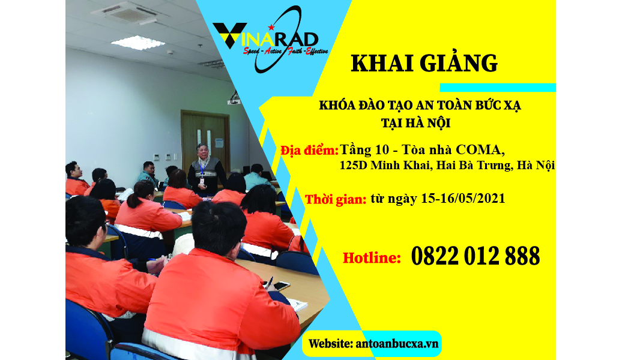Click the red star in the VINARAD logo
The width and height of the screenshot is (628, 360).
pyautogui.click(x=271, y=27)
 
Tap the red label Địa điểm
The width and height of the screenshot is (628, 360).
pyautogui.click(x=309, y=151)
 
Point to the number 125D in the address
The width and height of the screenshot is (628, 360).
pyautogui.click(x=353, y=165)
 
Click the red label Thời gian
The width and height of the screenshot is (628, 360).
pyautogui.click(x=336, y=199)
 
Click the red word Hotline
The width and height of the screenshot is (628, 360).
pyautogui.click(x=372, y=257)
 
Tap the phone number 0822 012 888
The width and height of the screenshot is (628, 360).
pyautogui.click(x=476, y=256)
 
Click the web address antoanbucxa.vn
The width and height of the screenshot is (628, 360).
pyautogui.click(x=397, y=344)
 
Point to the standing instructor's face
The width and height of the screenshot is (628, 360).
pyautogui.click(x=203, y=151)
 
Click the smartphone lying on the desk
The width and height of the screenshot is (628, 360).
pyautogui.click(x=280, y=286)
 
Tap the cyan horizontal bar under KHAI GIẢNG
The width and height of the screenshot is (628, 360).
pyautogui.click(x=498, y=87)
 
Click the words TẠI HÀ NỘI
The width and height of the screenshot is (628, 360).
pyautogui.click(x=415, y=123)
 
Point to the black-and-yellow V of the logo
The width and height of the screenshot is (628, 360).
pyautogui.click(x=229, y=35)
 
